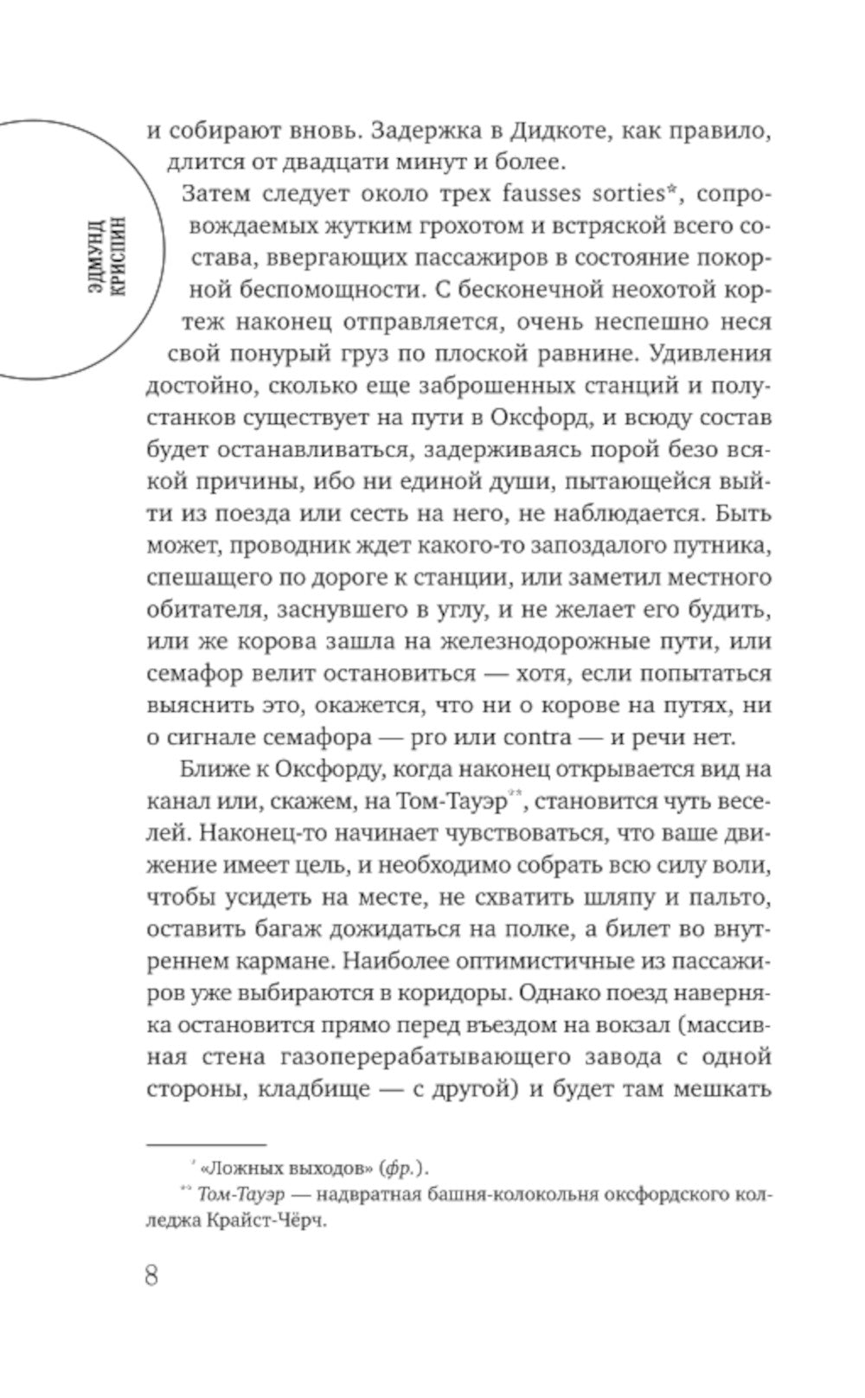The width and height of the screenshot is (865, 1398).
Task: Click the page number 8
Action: click(152, 1276)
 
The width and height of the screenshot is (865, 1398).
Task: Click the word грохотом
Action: click(404, 228)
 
